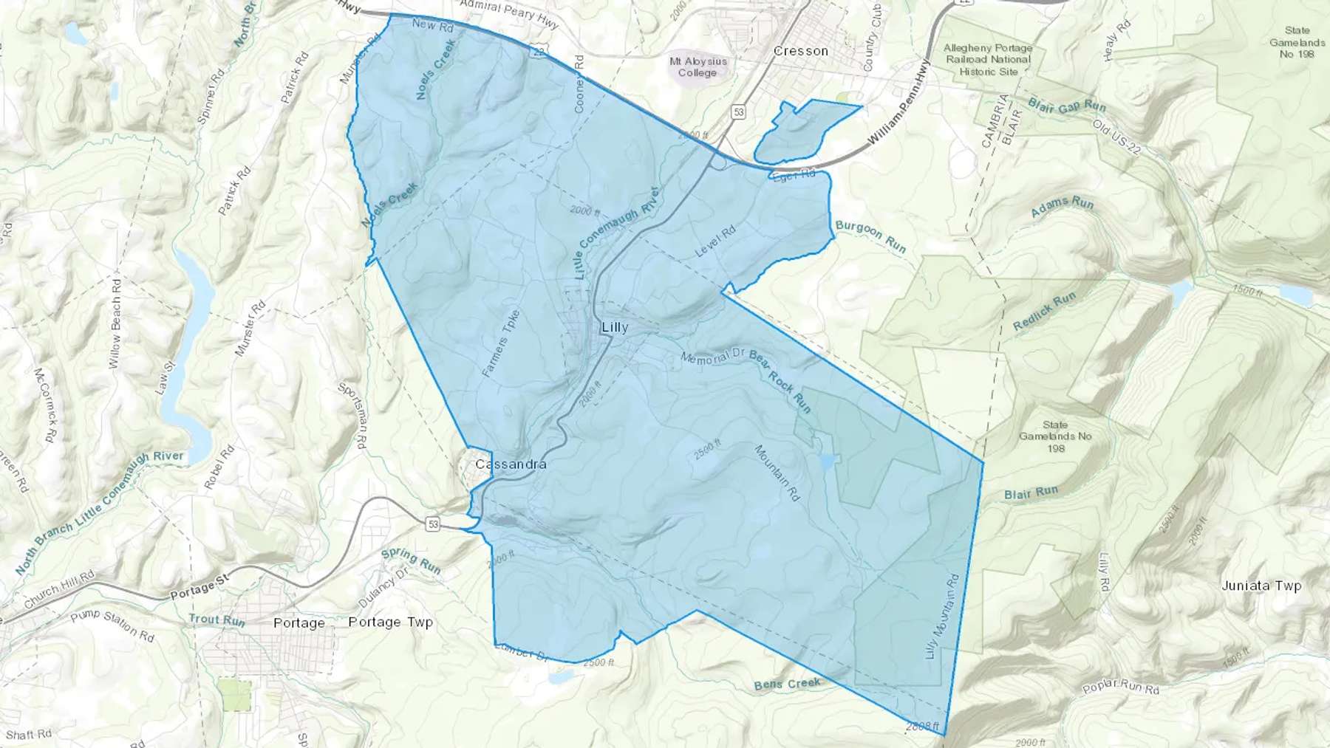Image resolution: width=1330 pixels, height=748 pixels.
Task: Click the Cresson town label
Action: coord(800,51)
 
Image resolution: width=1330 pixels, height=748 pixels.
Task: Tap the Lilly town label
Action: coord(615,327)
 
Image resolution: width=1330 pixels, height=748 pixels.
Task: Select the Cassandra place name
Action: coord(511,464)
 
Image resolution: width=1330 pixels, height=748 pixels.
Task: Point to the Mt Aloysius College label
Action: coord(698,66)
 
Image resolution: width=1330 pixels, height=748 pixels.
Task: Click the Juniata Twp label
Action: coord(1261,586)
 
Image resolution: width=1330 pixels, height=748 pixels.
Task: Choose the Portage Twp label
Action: coord(390,622)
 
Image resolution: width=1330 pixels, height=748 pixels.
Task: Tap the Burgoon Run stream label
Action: coord(870,236)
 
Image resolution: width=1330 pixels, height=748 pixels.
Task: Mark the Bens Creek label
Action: coord(787,684)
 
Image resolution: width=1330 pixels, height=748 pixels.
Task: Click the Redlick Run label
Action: coord(1044,311)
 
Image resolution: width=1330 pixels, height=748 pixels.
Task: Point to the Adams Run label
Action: coord(1062,206)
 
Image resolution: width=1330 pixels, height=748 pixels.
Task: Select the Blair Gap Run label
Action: coord(1066,107)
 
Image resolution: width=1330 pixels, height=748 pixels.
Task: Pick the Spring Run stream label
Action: coord(411,560)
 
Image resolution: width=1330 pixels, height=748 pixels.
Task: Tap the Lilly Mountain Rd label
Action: coord(942,617)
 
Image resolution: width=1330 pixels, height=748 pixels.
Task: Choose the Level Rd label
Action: coord(715,241)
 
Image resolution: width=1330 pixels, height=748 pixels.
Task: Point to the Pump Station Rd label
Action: coord(112,625)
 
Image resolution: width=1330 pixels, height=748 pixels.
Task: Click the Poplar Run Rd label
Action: coord(1120,687)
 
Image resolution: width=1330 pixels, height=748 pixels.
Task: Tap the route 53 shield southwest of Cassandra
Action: coord(432,524)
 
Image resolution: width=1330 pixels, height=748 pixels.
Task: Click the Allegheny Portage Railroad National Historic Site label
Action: coord(988,60)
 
